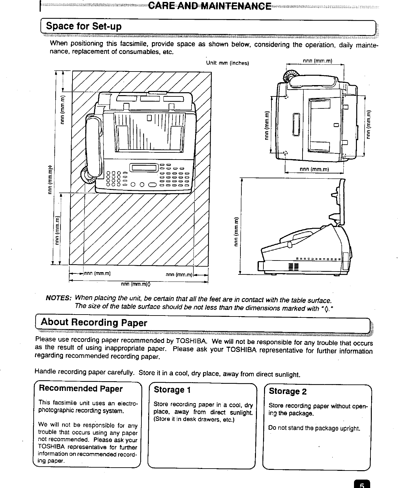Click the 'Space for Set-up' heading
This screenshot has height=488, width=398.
[x=84, y=26]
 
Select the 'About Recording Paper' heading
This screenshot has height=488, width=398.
[x=94, y=323]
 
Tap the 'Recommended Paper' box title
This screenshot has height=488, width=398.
[x=81, y=388]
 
